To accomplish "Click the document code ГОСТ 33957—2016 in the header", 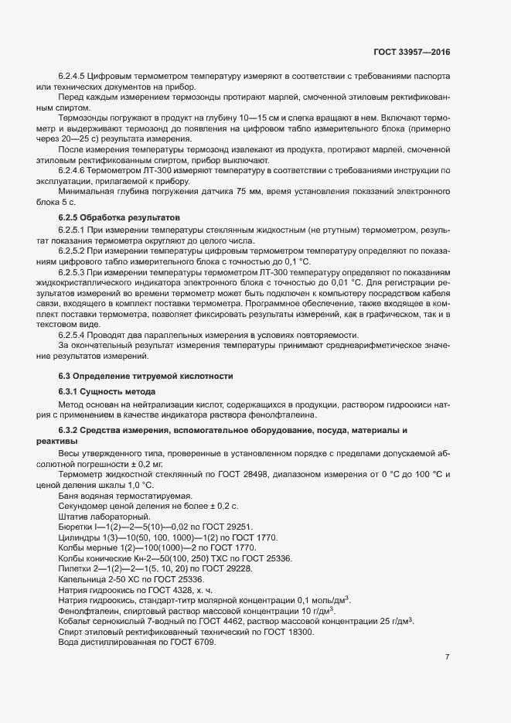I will pyautogui.click(x=411, y=52).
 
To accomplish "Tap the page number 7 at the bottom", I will pyautogui.click(x=447, y=636).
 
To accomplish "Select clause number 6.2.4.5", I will pyautogui.click(x=74, y=76).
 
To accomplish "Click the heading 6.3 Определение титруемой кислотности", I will pyautogui.click(x=145, y=376).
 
